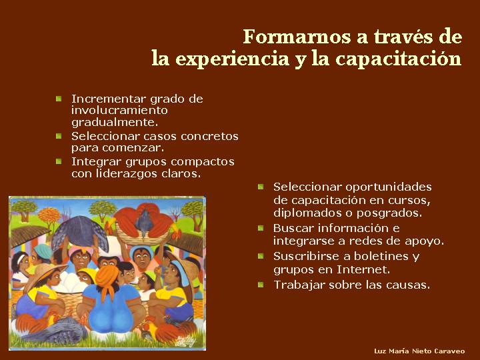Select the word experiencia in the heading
[x=233, y=59]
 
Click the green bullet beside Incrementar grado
[x=59, y=99]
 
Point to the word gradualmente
[x=115, y=123]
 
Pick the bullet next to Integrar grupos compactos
[x=59, y=161]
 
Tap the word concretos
[x=209, y=136]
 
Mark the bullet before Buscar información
[x=261, y=228]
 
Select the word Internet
[x=364, y=270]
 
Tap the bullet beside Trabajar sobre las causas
[x=261, y=285]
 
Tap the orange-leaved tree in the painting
[x=49, y=216]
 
